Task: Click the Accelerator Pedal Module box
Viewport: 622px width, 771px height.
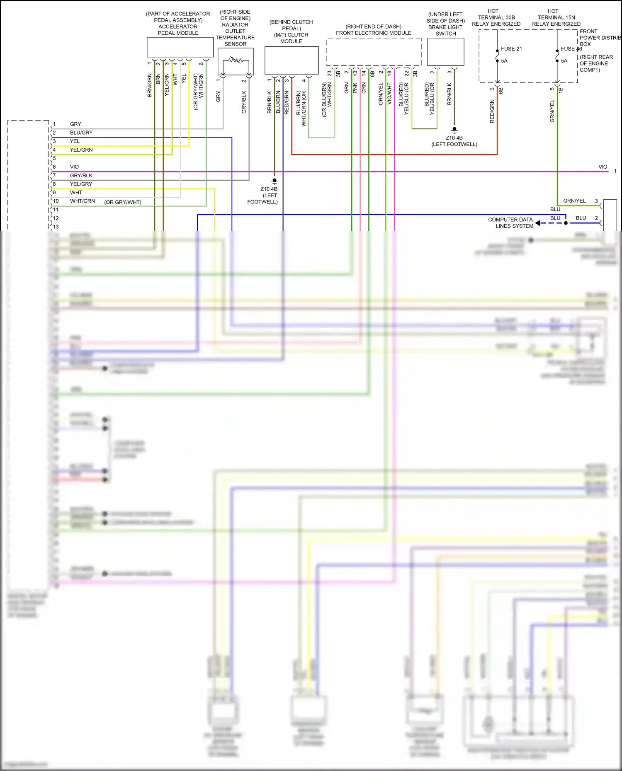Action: (180, 47)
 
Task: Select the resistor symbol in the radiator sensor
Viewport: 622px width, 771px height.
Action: (236, 60)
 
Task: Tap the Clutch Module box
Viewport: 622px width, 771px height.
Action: (292, 60)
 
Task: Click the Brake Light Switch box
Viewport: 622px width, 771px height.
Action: (445, 52)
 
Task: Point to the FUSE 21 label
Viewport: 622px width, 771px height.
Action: (511, 49)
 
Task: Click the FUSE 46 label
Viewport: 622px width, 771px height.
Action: (571, 49)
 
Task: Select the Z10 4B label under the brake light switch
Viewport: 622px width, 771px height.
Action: (454, 138)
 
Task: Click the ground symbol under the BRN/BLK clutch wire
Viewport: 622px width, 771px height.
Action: (275, 181)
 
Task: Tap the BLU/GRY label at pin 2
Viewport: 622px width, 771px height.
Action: (81, 133)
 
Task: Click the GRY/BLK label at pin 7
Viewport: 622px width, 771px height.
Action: (81, 176)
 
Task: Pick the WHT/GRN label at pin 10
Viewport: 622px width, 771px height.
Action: (82, 201)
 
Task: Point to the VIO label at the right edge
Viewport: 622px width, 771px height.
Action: (603, 167)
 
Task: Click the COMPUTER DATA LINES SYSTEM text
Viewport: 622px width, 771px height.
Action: (510, 223)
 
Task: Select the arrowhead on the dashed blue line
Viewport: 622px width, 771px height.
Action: (538, 223)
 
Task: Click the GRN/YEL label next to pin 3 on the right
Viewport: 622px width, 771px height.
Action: (574, 201)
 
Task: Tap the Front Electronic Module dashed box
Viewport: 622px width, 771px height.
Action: (374, 52)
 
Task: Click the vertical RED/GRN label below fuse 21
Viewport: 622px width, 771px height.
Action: (492, 111)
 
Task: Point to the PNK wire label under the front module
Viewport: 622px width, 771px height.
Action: (355, 88)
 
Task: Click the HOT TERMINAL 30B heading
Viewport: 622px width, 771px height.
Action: (496, 17)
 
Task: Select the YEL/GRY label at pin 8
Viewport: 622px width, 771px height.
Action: (81, 184)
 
